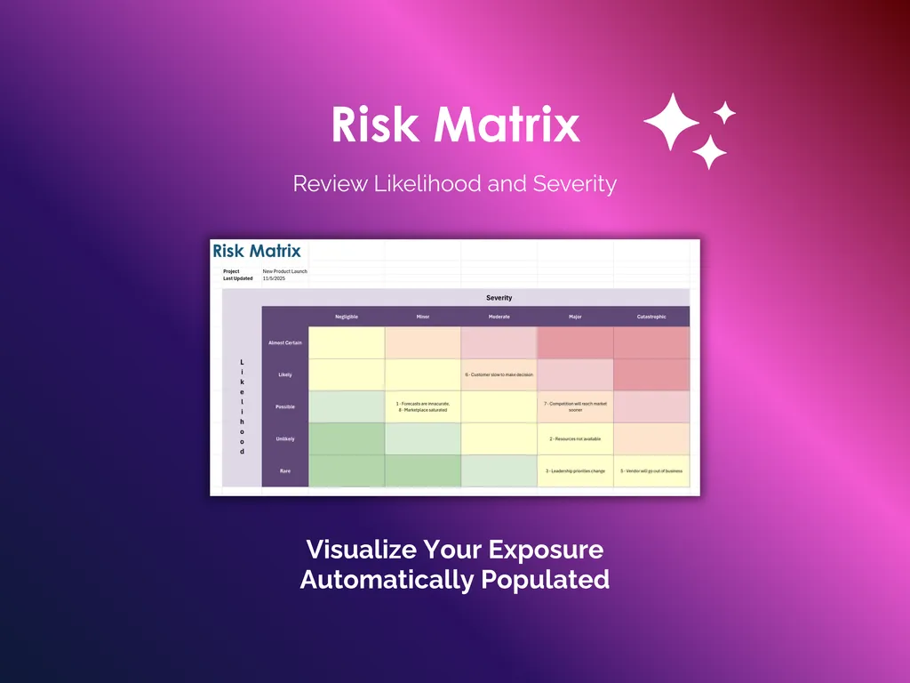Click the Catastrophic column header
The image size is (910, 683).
[651, 317]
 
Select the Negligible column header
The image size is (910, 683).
[347, 317]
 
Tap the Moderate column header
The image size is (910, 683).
[499, 317]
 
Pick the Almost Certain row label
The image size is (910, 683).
[285, 342]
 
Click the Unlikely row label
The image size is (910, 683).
[285, 438]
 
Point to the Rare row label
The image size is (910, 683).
[285, 470]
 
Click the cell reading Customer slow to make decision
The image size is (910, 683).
[499, 374]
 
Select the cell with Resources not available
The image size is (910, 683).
[575, 438]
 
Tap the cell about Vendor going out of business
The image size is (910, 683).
[651, 470]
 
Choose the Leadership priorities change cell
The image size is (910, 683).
[575, 470]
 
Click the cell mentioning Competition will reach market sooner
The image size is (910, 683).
[575, 406]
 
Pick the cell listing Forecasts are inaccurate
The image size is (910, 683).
[423, 406]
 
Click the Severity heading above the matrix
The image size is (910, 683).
[499, 298]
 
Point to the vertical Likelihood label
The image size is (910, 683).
[242, 406]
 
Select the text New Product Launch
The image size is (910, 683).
[284, 271]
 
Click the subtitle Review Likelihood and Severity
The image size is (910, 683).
[454, 184]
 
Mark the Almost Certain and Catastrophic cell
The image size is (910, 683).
[651, 342]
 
